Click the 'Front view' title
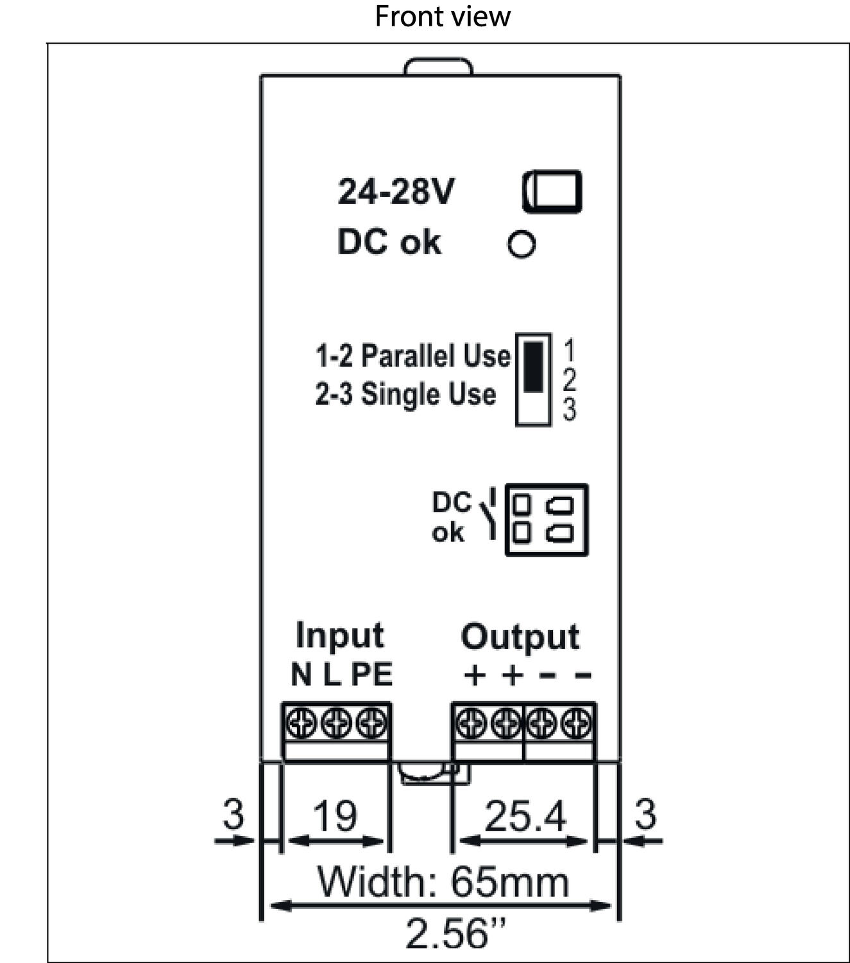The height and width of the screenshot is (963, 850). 442,17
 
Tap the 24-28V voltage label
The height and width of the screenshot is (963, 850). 396,191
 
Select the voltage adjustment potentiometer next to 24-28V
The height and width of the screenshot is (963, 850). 552,191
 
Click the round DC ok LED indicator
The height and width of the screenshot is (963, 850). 521,244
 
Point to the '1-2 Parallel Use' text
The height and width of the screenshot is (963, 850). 412,356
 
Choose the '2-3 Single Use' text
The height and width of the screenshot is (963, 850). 405,394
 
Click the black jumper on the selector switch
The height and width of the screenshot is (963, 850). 533,367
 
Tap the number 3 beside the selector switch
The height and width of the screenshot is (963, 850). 569,410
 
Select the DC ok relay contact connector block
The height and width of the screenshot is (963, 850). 547,519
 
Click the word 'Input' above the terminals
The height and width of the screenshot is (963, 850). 339,636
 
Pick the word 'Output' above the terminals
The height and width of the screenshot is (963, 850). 520,637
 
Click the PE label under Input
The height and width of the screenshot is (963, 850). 371,675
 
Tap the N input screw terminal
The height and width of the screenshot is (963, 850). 301,724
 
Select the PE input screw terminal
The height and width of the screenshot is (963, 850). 371,724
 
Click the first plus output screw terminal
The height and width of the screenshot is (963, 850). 472,724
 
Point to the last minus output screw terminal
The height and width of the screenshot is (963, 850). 576,724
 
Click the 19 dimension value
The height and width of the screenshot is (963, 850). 334,816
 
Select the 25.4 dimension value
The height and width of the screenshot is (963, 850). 525,816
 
